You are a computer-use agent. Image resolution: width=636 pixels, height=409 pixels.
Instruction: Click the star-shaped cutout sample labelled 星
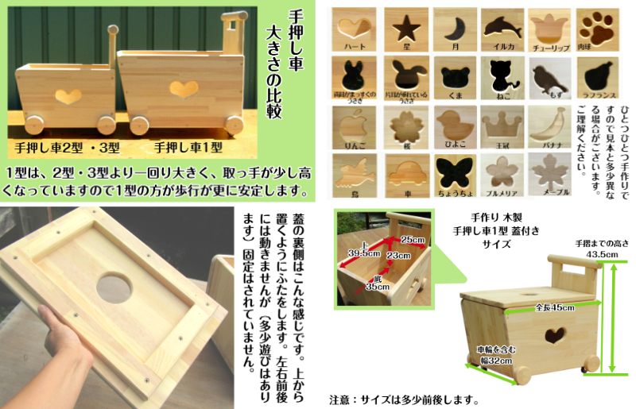pos(405,28)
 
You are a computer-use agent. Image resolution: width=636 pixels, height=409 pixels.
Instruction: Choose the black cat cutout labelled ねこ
pos(502,75)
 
